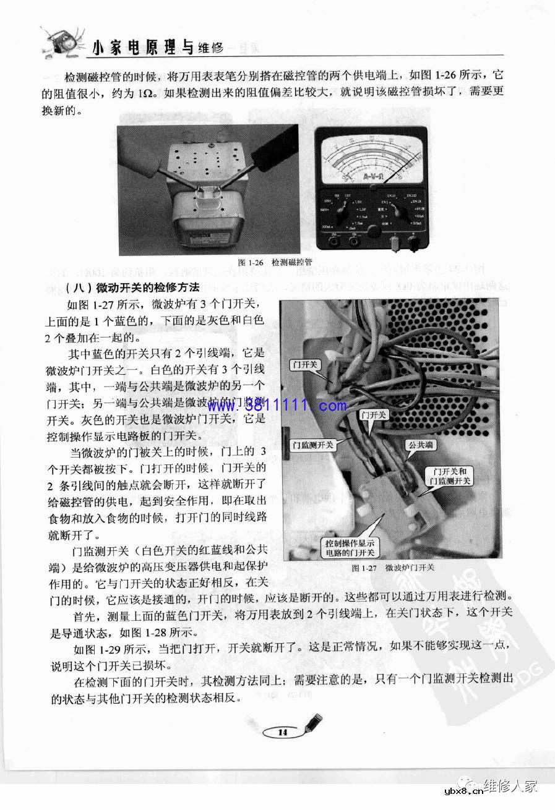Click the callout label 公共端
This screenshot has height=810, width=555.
(x=419, y=445)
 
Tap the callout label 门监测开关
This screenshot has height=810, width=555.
(x=314, y=445)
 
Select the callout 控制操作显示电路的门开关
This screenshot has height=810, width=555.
(x=350, y=548)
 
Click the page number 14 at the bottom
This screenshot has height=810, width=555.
(x=283, y=732)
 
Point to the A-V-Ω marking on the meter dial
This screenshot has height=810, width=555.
(x=371, y=179)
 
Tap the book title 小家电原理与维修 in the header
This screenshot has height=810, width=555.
(x=157, y=46)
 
